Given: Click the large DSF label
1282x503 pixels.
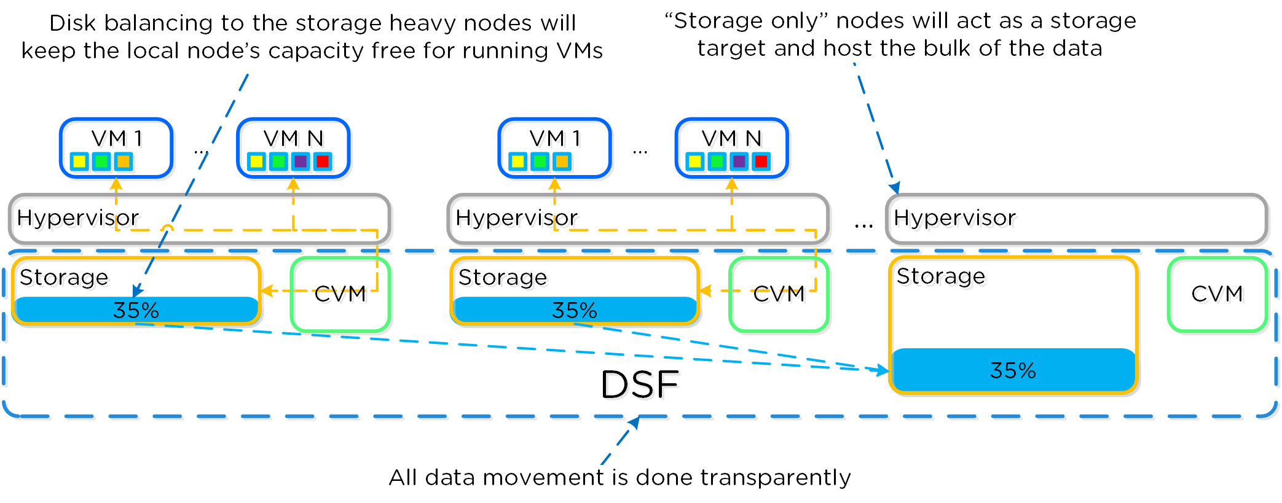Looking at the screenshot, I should [x=639, y=385].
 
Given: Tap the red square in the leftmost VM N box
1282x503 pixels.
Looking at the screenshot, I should [x=322, y=162].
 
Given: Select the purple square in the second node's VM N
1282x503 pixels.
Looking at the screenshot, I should [x=739, y=162].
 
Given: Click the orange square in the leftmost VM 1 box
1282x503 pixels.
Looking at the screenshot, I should [x=124, y=162].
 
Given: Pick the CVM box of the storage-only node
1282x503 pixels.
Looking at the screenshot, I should [x=1217, y=294].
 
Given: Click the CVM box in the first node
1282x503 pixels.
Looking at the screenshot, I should [x=340, y=294].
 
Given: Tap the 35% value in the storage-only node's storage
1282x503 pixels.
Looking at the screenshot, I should [x=1012, y=371].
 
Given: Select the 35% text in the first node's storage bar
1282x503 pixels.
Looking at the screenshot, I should [x=136, y=311].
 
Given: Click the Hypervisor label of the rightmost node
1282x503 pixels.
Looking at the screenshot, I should [x=954, y=218].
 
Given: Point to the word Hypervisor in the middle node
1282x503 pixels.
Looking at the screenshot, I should [x=516, y=218].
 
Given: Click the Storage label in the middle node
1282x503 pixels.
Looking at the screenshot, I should [x=502, y=278].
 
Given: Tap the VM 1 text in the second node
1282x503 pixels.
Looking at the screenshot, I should [x=554, y=139].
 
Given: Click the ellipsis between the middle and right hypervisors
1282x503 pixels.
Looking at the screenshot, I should [x=863, y=226].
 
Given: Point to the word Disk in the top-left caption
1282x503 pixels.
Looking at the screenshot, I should [x=73, y=23].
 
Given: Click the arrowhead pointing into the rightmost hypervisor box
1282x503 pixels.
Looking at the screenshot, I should [x=895, y=188].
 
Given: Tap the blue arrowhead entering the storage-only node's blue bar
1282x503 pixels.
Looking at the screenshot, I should [x=883, y=370].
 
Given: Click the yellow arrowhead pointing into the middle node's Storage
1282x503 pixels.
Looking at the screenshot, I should [x=705, y=290].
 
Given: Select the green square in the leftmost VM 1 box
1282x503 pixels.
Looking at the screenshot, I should [x=101, y=162].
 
